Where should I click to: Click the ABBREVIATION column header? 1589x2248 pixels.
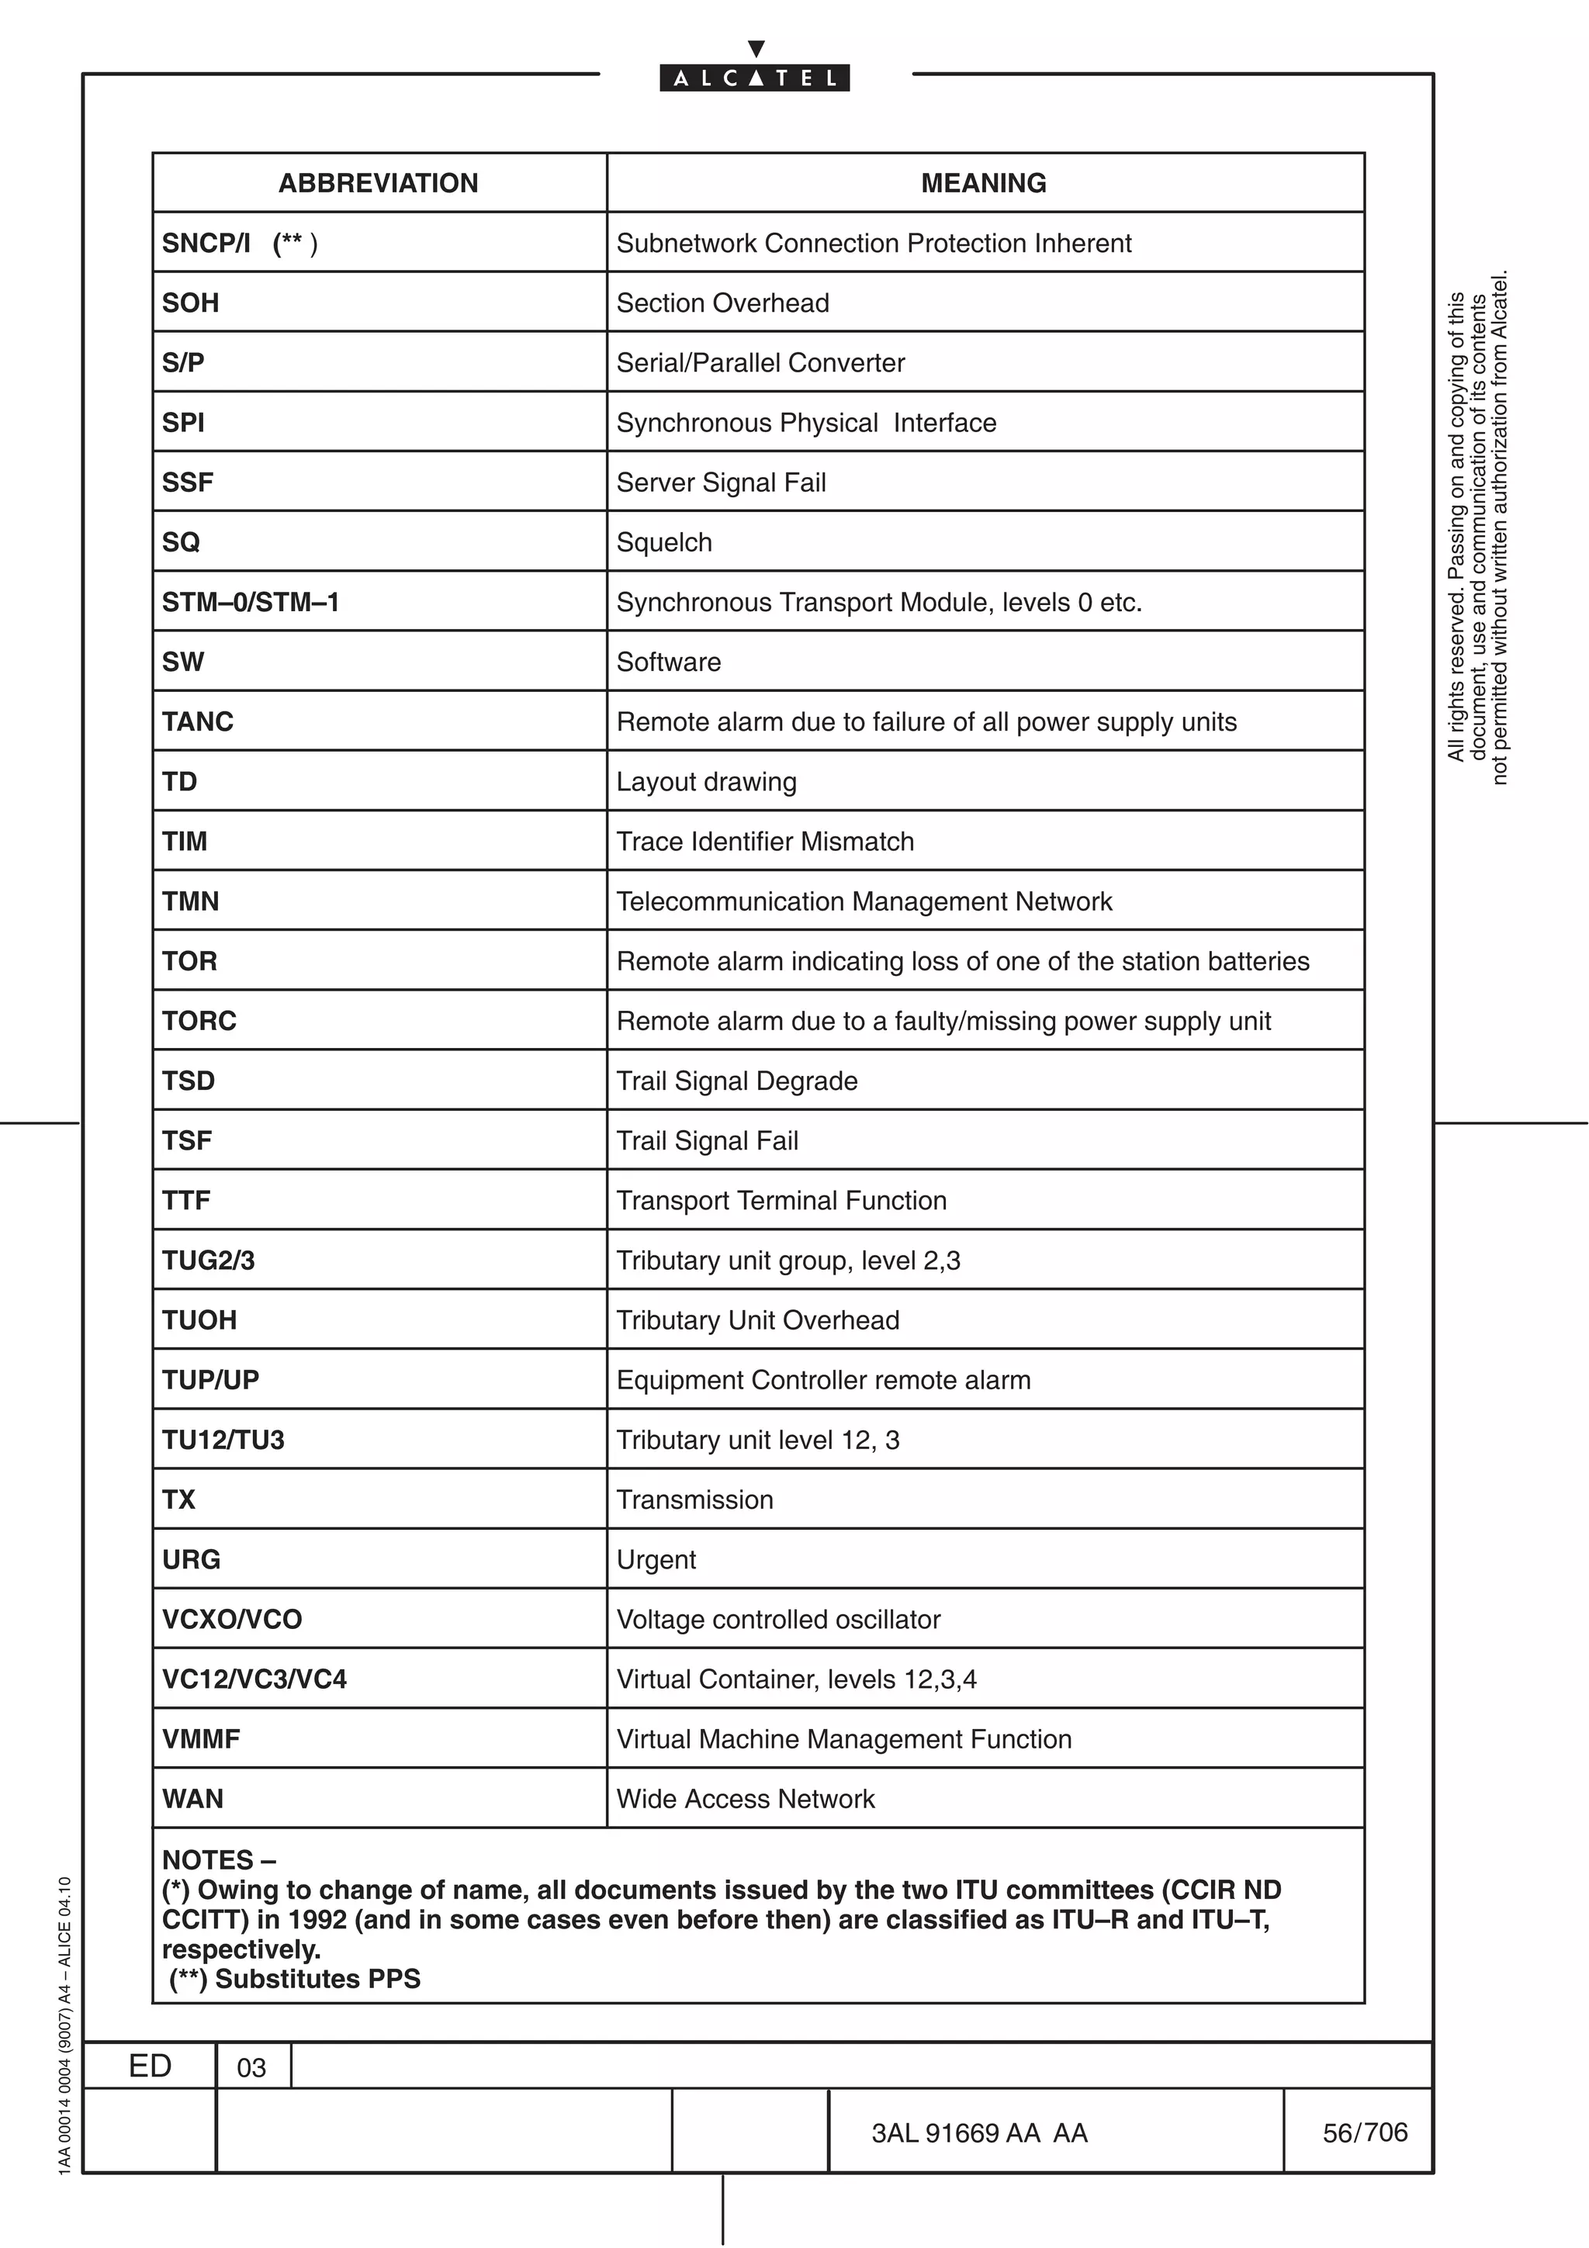pyautogui.click(x=378, y=183)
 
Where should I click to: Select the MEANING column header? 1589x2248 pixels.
pyautogui.click(x=983, y=183)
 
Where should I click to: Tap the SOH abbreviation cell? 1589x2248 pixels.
pyautogui.click(x=191, y=303)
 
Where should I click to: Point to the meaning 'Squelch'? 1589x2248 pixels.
pyautogui.click(x=664, y=542)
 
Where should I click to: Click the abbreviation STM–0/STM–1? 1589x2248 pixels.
pyautogui.click(x=251, y=602)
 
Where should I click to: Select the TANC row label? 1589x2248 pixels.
pyautogui.click(x=198, y=721)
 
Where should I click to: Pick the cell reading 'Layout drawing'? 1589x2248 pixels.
pyautogui.click(x=706, y=781)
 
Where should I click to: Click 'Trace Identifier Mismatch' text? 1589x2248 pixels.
pyautogui.click(x=765, y=841)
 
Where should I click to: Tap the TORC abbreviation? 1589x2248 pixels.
pyautogui.click(x=199, y=1020)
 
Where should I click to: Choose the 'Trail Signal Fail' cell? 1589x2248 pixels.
pyautogui.click(x=707, y=1140)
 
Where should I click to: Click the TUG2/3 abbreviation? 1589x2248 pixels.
pyautogui.click(x=209, y=1260)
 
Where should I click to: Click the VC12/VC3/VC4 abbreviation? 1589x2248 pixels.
pyautogui.click(x=254, y=1679)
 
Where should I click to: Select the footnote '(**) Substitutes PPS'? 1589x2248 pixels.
pyautogui.click(x=295, y=1979)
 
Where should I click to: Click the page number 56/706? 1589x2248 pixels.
pyautogui.click(x=1364, y=2132)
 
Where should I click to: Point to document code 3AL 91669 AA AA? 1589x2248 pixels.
pyautogui.click(x=979, y=2133)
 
